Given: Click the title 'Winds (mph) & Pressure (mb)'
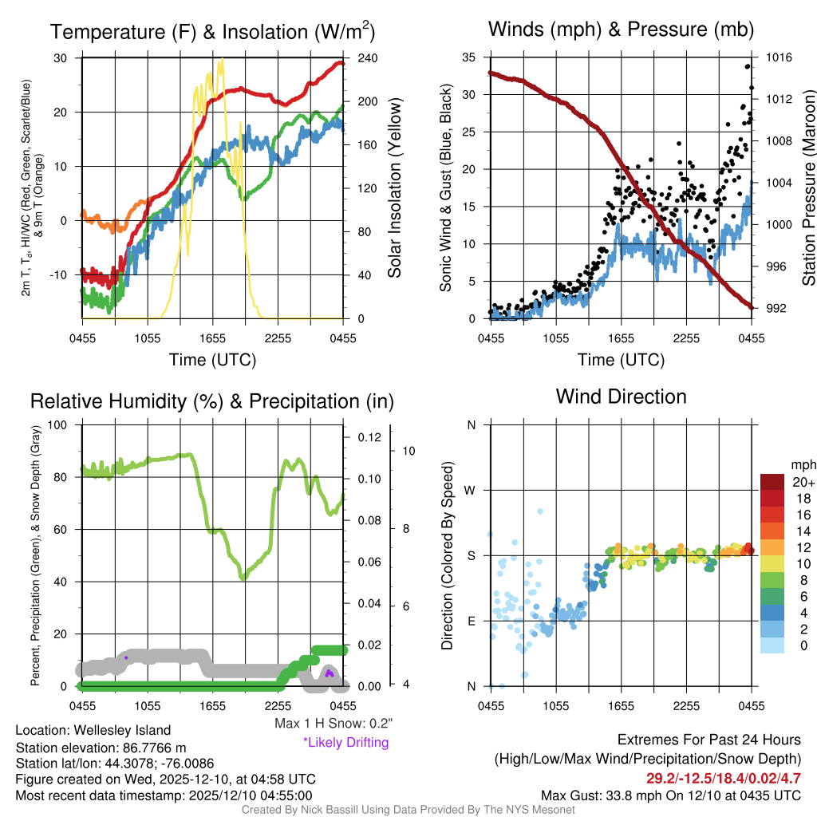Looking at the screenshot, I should coord(621,30).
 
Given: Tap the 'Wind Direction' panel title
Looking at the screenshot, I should coord(621,397).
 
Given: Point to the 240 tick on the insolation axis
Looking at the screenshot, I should coord(366,57).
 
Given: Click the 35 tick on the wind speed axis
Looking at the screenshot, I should coord(470,57).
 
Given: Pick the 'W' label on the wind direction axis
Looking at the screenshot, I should coord(471,490).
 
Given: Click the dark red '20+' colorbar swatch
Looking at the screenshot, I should coord(774,482).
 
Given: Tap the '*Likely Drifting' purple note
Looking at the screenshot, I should coord(345,743).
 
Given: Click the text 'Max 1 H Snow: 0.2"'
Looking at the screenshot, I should coord(333,724).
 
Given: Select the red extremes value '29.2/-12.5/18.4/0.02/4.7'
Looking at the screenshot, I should coord(724,777).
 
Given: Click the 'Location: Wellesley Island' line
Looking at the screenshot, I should coord(93,730).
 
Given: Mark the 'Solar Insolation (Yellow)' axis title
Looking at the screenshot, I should coord(394,187).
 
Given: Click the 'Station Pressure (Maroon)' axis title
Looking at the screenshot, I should coord(808,187).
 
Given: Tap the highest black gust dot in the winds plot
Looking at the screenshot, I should coord(748,67).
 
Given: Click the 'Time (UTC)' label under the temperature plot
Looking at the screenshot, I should coord(212,360).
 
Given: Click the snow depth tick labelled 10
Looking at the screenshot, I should coord(409,451).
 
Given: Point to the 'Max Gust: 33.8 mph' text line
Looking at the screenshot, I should coord(670,795).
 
